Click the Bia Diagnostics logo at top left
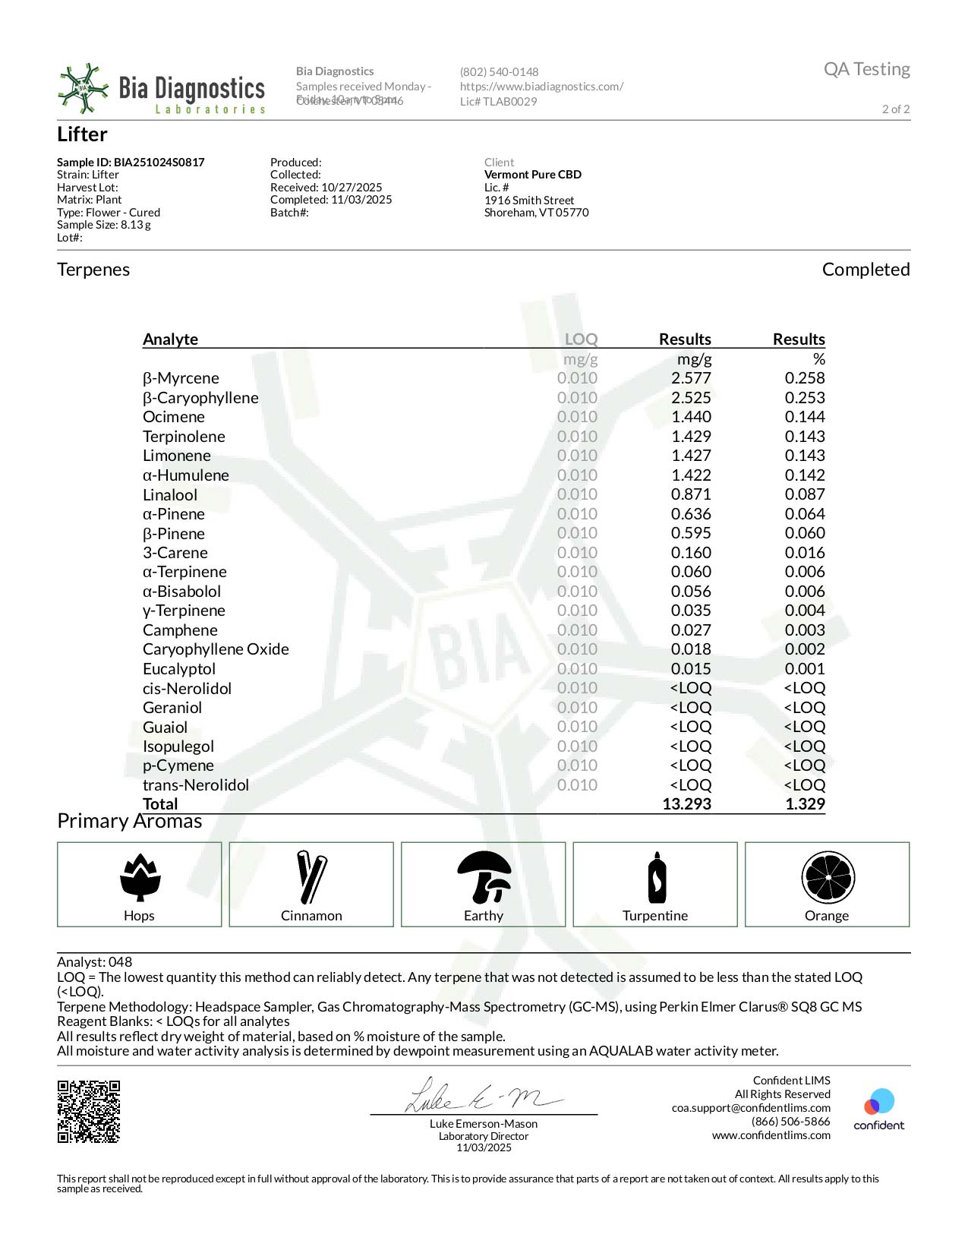point(161,90)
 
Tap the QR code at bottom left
point(89,1111)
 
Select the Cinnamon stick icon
point(311,876)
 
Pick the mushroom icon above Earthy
point(484,875)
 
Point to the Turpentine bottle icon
point(656,877)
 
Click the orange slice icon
point(828,877)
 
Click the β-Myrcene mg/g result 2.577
point(691,378)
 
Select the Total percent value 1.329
point(805,804)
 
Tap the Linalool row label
point(170,495)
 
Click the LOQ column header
point(581,339)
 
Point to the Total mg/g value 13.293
point(686,804)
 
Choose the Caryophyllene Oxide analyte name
point(216,649)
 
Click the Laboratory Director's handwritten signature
point(483,1096)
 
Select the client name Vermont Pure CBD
point(533,175)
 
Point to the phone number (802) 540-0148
point(499,72)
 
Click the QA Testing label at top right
point(866,69)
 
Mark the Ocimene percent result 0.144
point(805,417)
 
